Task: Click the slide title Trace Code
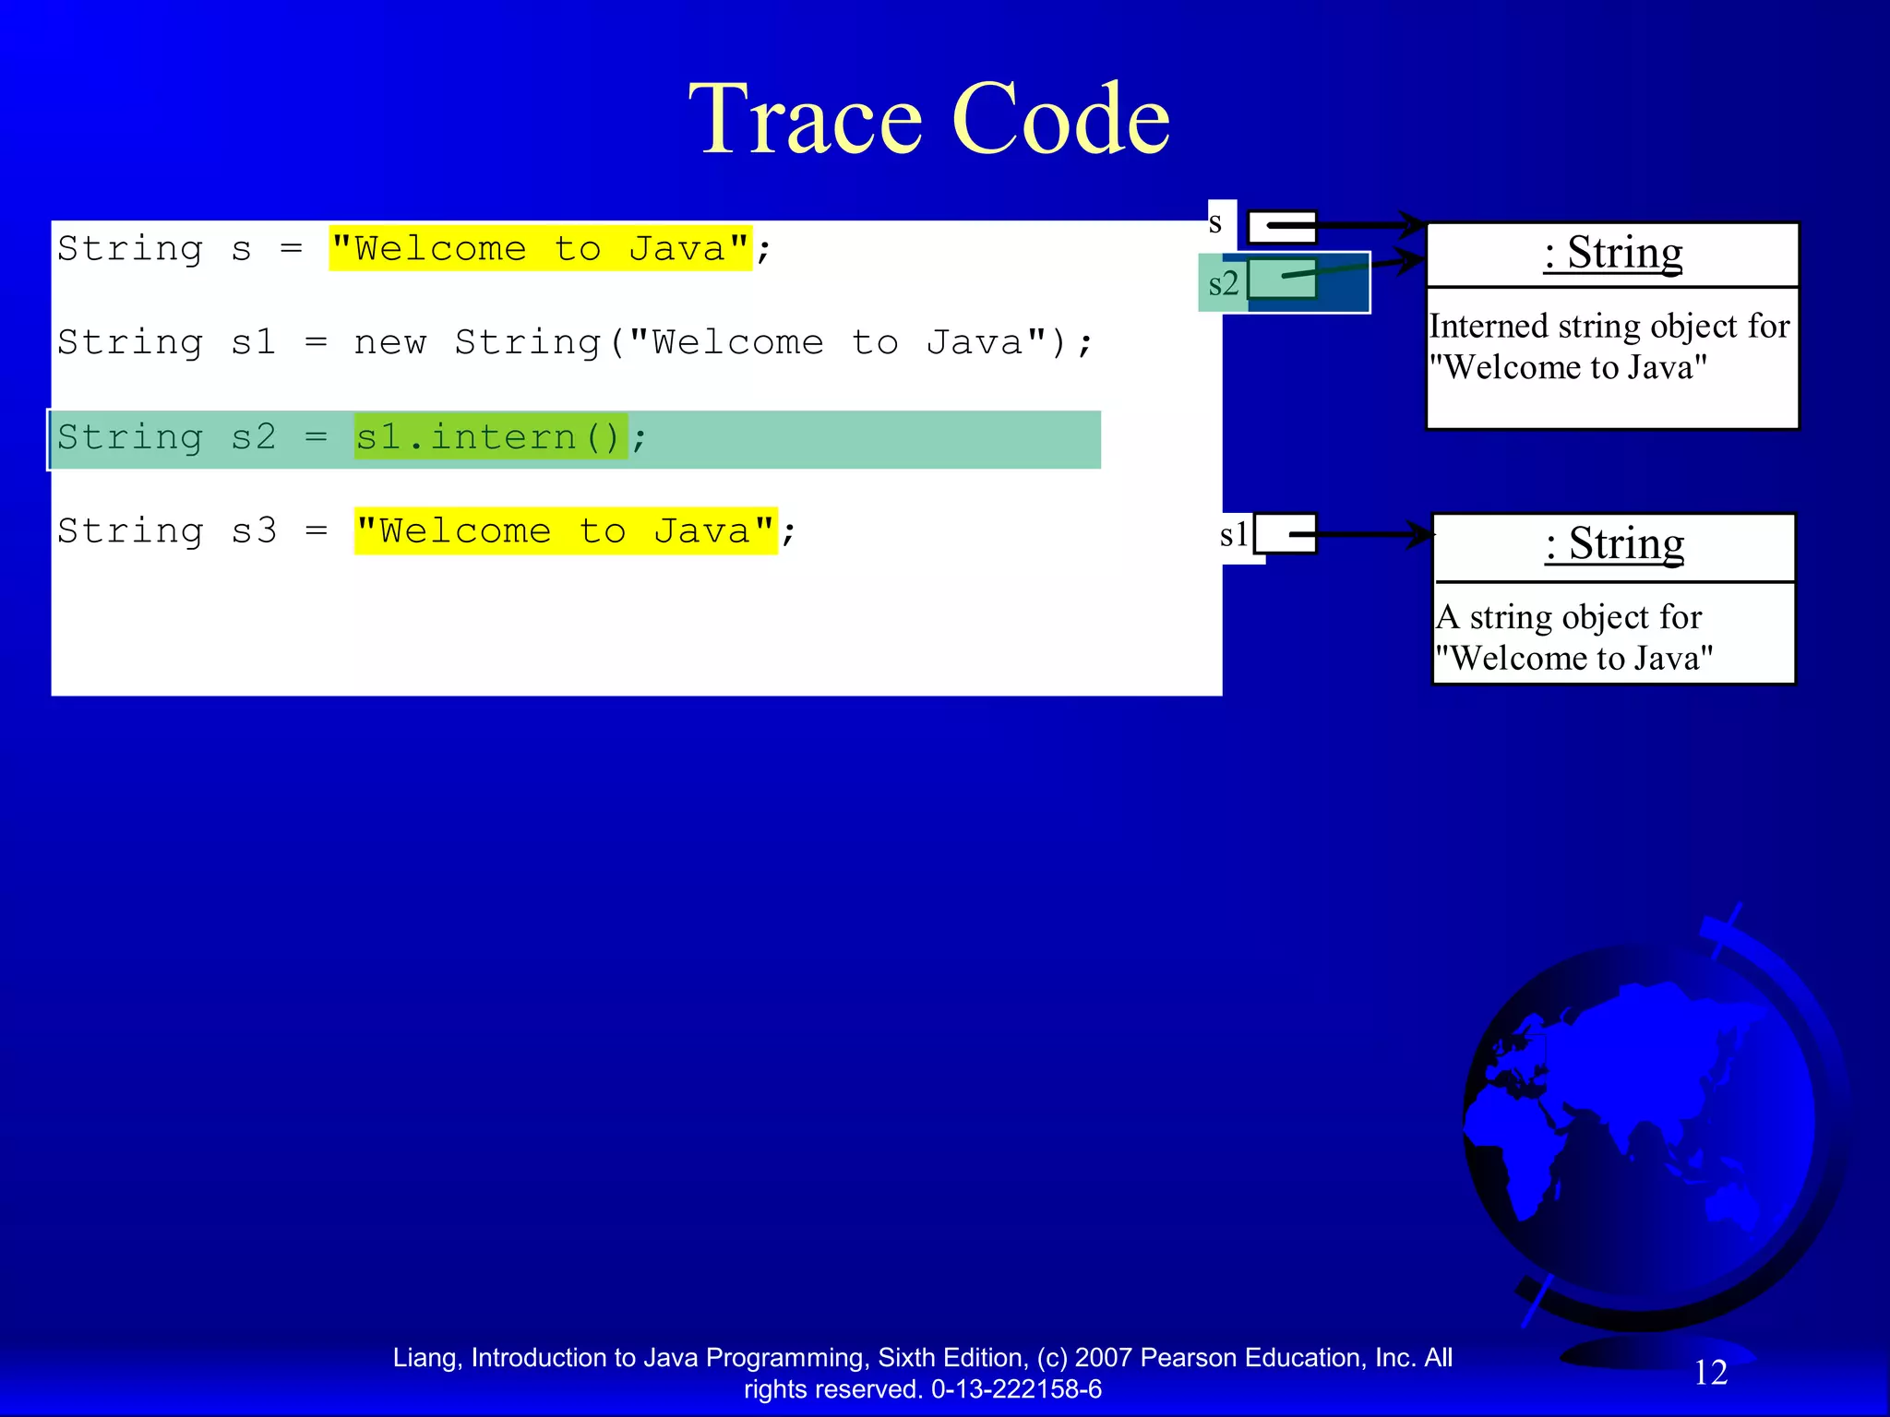(x=929, y=120)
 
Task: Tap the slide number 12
(x=1710, y=1373)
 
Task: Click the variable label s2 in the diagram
(x=1223, y=283)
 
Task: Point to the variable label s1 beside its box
(x=1234, y=534)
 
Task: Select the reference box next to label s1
(x=1286, y=534)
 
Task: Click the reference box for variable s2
(x=1282, y=280)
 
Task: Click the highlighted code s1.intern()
(x=490, y=437)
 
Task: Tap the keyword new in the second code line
(x=390, y=343)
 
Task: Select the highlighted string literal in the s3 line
(x=566, y=531)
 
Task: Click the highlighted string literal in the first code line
(x=541, y=249)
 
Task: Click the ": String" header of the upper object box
(x=1612, y=254)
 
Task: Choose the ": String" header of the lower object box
(x=1614, y=544)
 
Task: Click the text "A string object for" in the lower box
(x=1569, y=617)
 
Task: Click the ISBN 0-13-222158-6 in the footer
(x=1016, y=1389)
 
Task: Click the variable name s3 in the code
(x=254, y=531)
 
